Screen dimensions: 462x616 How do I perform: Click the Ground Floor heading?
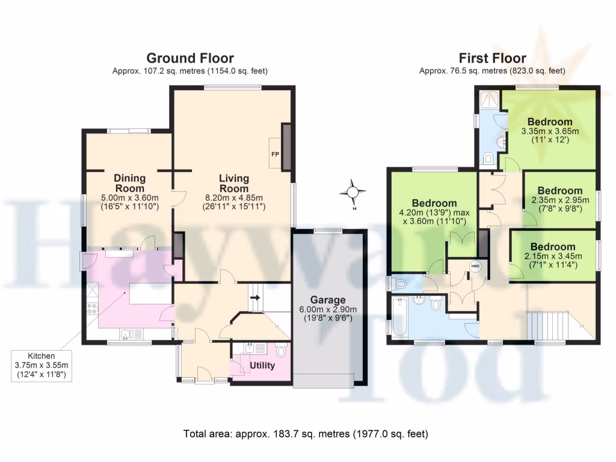[x=190, y=58]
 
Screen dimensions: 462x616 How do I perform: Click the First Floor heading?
[x=492, y=58]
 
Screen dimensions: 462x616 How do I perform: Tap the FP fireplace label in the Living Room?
[x=275, y=154]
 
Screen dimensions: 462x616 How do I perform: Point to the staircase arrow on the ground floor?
[x=255, y=297]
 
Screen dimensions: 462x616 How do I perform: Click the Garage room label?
[x=328, y=300]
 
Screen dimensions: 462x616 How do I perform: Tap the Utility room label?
[x=262, y=365]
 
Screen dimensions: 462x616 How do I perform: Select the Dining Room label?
[x=130, y=182]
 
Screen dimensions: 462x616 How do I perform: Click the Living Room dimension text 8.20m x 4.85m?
[x=234, y=197]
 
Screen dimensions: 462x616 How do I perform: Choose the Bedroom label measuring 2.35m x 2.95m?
[x=560, y=191]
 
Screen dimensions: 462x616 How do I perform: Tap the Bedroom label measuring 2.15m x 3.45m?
[x=553, y=247]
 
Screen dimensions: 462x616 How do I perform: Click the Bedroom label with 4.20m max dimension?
[x=434, y=203]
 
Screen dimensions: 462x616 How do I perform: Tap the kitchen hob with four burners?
[x=93, y=310]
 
